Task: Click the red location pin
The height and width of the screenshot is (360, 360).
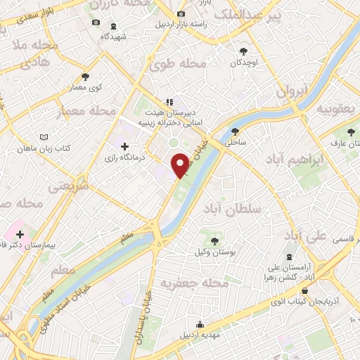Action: [x=181, y=165]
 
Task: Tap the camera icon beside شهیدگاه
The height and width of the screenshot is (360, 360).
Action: [x=97, y=22]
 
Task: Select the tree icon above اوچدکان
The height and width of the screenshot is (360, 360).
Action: [x=243, y=51]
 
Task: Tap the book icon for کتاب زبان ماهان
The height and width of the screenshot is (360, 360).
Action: [x=44, y=137]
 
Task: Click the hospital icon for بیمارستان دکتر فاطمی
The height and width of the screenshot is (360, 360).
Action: [x=20, y=234]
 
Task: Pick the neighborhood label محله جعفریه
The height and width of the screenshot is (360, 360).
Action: [x=186, y=283]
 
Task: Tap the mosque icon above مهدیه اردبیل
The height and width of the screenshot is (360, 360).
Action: [x=200, y=324]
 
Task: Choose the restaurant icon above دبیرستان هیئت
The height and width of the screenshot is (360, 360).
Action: [x=168, y=101]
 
